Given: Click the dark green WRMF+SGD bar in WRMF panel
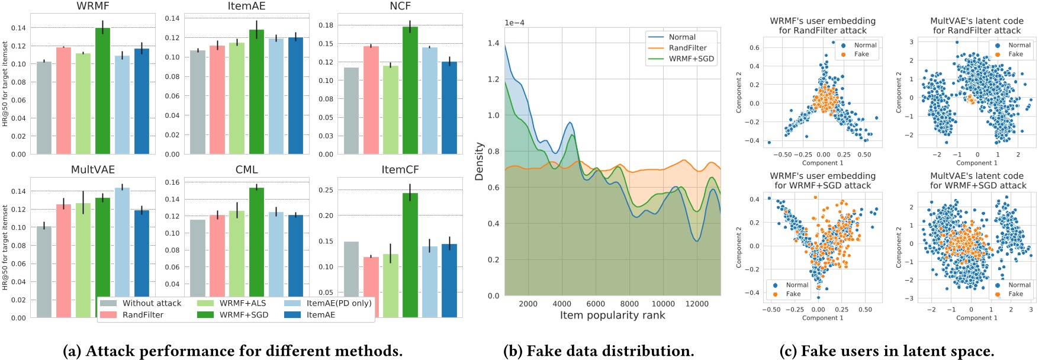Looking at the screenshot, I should tap(102, 92).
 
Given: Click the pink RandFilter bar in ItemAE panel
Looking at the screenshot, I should tap(217, 100).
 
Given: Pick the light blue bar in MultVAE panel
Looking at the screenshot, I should tap(122, 243).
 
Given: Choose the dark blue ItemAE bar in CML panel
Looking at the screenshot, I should tap(295, 255).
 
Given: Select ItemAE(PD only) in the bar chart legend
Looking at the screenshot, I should tap(339, 303).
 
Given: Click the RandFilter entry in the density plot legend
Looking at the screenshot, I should tap(687, 48).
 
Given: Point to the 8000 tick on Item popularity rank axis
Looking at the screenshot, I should tap(629, 304).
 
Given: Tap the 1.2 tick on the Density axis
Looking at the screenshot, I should tap(493, 79).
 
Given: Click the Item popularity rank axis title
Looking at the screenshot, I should tap(612, 316).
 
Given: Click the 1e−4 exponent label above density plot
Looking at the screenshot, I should tap(514, 23).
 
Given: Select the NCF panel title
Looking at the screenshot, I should tap(400, 6).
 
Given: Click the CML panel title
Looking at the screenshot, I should tap(246, 170).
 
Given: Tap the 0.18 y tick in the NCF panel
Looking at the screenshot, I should tap(326, 25).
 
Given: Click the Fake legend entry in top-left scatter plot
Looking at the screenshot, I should tap(861, 54).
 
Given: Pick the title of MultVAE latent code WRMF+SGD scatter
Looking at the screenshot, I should tap(977, 181).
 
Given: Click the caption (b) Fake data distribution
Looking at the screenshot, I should tap(599, 351).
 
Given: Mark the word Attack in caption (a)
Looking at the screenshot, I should tap(109, 351).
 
